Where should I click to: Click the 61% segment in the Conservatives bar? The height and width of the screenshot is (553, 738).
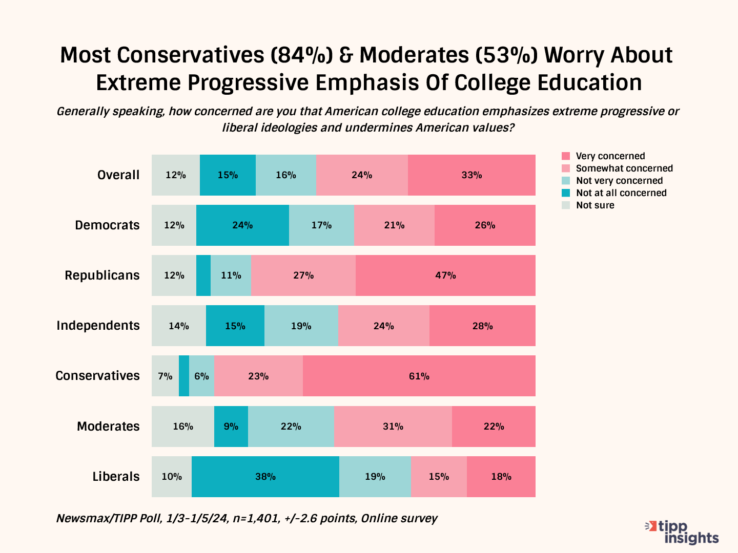tap(419, 376)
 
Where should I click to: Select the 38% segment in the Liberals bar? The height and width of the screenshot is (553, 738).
tap(265, 477)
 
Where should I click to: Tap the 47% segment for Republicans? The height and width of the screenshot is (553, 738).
tap(445, 275)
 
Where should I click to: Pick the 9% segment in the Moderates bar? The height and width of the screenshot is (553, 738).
tap(231, 426)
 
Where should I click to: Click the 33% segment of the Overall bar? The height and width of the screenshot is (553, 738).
tap(471, 175)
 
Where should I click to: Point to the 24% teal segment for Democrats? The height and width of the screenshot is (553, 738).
tap(242, 225)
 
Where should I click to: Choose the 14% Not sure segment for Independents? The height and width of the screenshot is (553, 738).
tap(179, 326)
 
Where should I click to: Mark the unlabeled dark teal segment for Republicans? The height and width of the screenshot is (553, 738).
tap(203, 275)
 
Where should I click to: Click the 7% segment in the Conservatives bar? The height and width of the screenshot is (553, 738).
tap(165, 376)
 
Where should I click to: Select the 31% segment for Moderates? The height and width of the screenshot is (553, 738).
tap(393, 426)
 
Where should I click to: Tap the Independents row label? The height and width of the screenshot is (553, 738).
tap(98, 326)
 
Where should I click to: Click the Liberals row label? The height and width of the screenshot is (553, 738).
tap(116, 477)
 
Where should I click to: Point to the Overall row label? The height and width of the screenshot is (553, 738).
tap(118, 175)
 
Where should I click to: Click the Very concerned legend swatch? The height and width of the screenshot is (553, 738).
tap(566, 156)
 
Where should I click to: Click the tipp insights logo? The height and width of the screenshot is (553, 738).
tap(683, 533)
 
